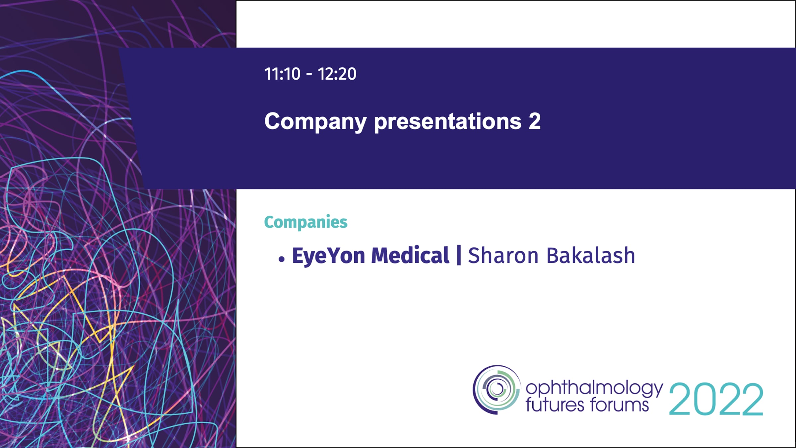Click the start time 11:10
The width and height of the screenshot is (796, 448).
click(282, 74)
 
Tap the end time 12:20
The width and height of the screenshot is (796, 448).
click(337, 74)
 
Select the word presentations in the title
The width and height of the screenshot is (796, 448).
click(448, 121)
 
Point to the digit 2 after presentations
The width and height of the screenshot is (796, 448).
click(535, 121)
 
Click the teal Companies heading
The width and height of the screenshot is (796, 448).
click(305, 222)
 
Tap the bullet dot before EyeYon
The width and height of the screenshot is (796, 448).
click(282, 259)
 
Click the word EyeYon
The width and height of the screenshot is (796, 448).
click(328, 256)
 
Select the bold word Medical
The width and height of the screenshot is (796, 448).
click(410, 255)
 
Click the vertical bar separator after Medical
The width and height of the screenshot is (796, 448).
click(459, 255)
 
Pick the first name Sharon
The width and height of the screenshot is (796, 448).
click(503, 256)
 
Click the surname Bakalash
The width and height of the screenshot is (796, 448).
click(591, 255)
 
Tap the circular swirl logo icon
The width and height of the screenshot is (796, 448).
click(497, 390)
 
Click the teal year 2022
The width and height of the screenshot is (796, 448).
click(716, 399)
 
